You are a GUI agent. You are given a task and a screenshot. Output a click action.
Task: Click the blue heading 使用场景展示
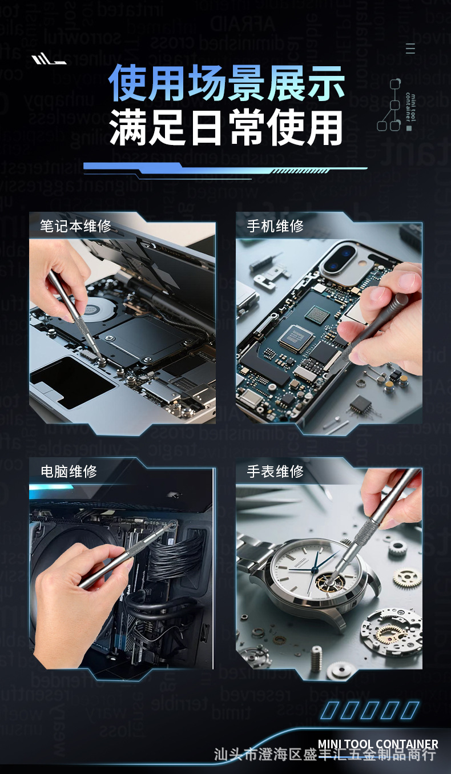(227, 83)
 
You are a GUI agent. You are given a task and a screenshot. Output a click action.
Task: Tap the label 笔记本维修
(75, 225)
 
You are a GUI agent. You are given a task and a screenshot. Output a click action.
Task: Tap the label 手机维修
(275, 225)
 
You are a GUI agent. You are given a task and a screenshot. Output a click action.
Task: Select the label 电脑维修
(69, 471)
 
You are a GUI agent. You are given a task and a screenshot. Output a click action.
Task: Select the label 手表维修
(275, 471)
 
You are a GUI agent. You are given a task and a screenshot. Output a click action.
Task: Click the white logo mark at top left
(49, 59)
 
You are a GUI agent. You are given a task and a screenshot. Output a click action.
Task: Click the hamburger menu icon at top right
(410, 49)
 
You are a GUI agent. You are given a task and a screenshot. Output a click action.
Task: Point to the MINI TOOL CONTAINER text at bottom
(378, 744)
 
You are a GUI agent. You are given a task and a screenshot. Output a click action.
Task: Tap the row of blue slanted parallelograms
(369, 710)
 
